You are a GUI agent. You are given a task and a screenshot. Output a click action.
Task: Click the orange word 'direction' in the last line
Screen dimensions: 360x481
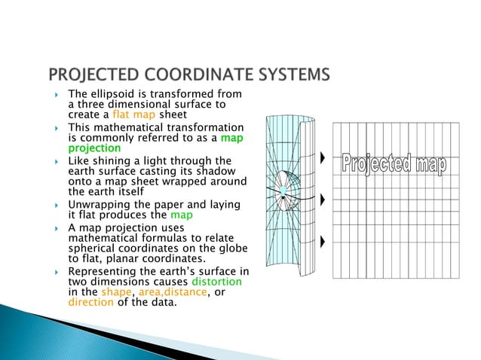(x=91, y=304)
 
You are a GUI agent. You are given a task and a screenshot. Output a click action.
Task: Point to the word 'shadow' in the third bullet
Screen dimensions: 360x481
(x=229, y=171)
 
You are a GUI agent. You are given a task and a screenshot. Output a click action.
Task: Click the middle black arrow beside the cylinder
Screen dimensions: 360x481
(x=323, y=200)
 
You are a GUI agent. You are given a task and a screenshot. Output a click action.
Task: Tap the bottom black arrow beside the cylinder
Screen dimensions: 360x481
(x=323, y=242)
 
